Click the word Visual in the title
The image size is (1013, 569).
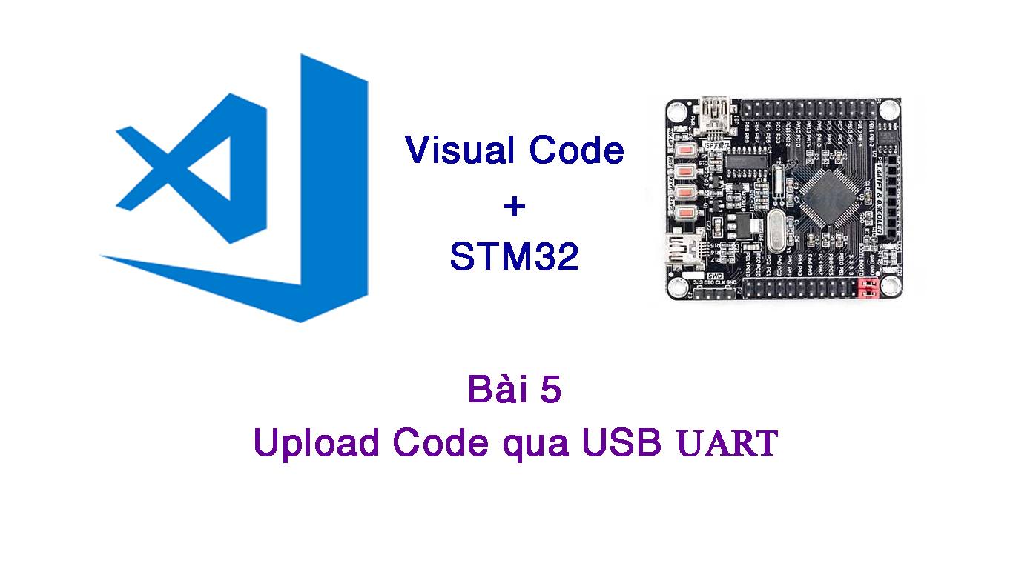460,150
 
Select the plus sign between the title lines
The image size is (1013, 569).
514,207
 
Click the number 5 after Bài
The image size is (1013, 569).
550,391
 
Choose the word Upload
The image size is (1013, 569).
316,443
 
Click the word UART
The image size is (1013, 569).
727,444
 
